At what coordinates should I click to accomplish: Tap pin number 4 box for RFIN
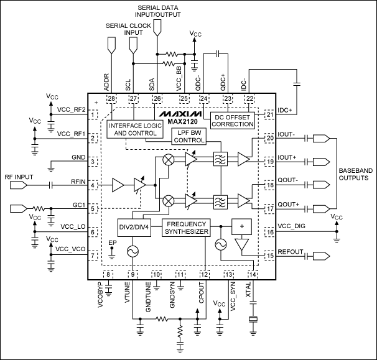point(93,185)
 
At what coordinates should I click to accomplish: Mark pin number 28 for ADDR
point(112,98)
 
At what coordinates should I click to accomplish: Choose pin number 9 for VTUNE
point(133,274)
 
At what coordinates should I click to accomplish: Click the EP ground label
point(112,243)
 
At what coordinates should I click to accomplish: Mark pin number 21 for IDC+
point(270,114)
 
